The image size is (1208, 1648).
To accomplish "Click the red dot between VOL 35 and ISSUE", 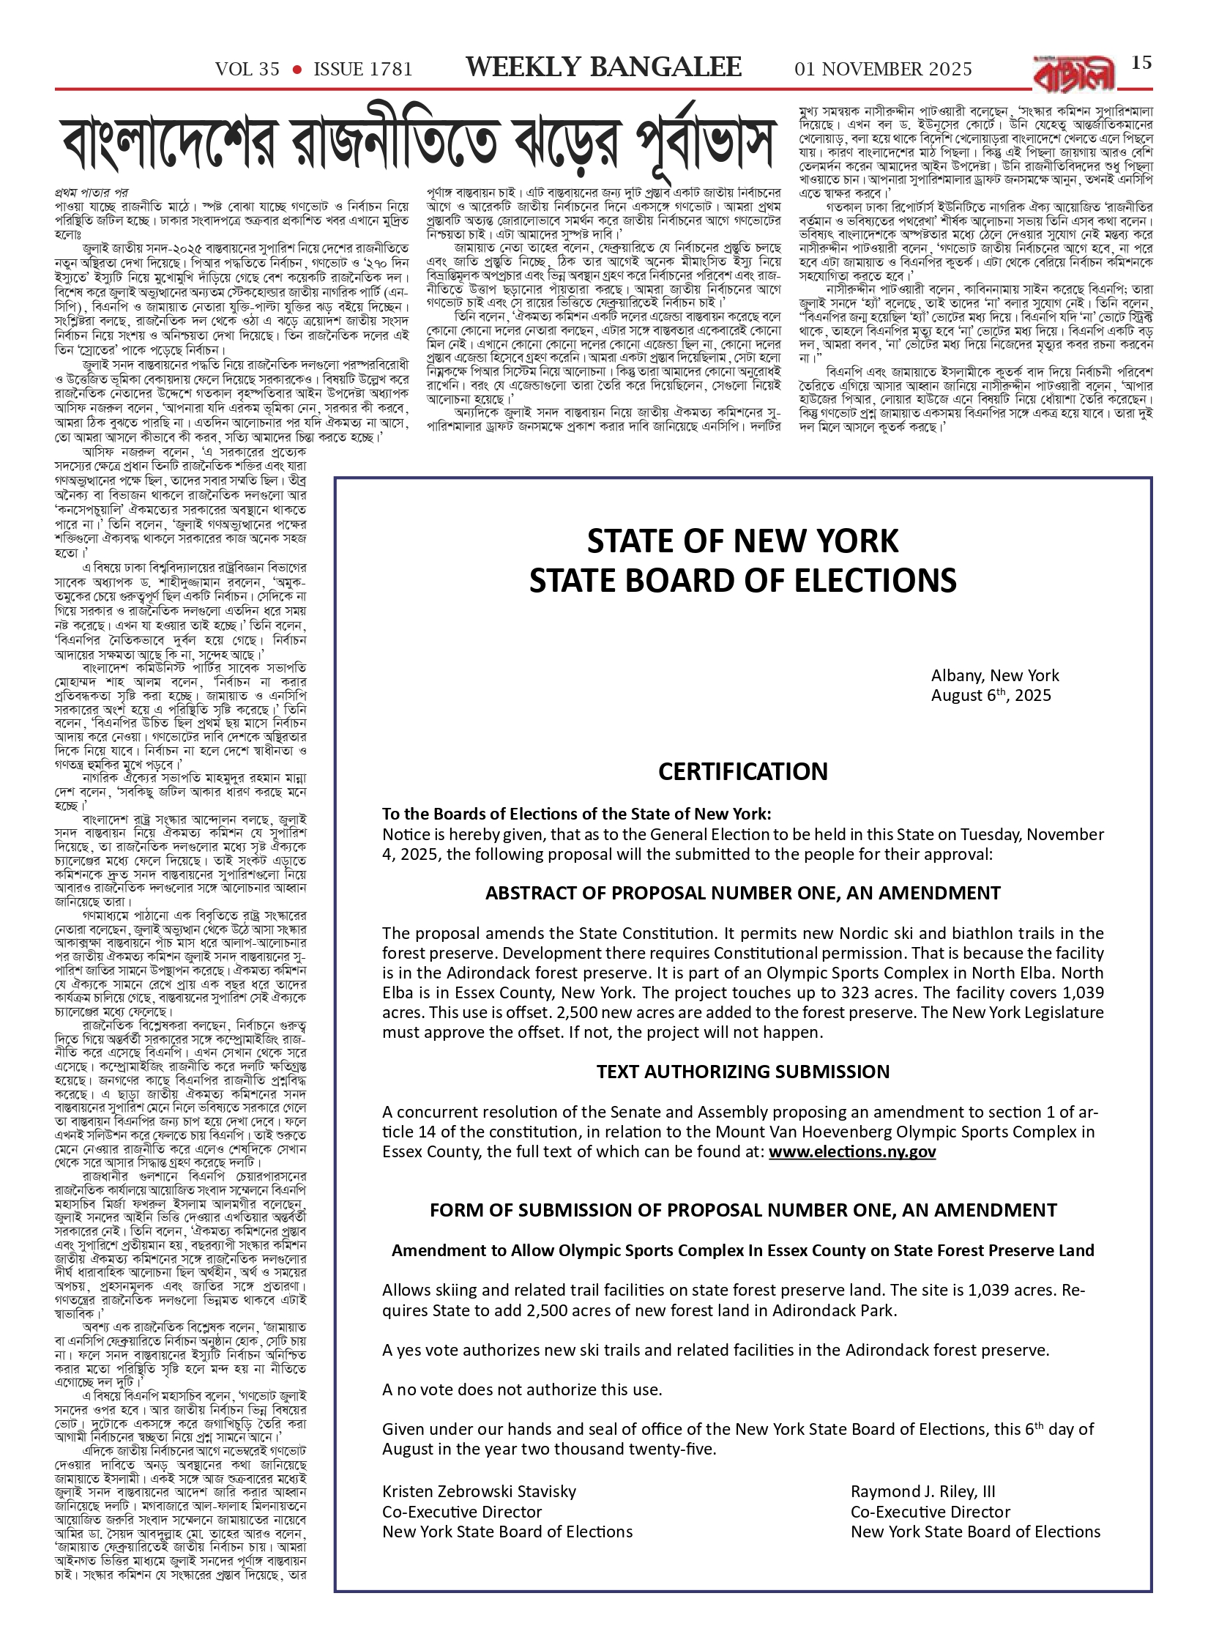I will tap(297, 70).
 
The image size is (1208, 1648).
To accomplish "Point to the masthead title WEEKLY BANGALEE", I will tap(603, 68).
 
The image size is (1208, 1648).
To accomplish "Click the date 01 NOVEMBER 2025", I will tap(883, 70).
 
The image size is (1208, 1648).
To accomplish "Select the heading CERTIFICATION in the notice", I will tap(742, 771).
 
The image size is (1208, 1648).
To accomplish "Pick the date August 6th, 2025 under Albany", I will tap(991, 695).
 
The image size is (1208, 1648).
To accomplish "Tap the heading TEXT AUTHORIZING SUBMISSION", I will tap(742, 1072).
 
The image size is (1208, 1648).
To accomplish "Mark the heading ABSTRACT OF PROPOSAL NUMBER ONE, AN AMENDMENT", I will tap(742, 893).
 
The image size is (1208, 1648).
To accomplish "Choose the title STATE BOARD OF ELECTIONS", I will tap(742, 580).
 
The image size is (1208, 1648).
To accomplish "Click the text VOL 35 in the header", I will tap(247, 70).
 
